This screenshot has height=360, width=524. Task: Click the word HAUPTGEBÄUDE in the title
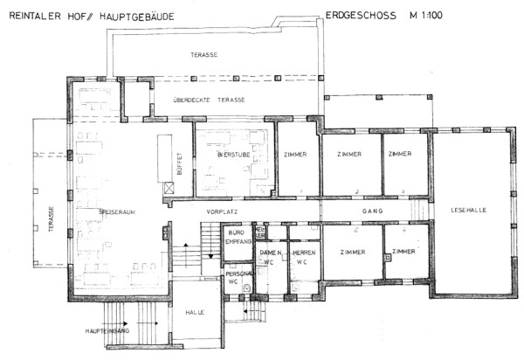pos(127,16)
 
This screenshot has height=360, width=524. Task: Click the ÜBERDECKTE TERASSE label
pos(208,100)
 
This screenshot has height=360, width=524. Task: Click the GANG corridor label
pos(374,212)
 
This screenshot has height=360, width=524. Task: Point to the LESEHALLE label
pos(470,210)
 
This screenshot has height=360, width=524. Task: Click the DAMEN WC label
pos(270,257)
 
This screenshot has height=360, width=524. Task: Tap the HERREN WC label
pos(303,257)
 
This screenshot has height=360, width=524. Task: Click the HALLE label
pos(194,312)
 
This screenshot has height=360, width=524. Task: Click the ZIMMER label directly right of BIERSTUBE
pos(297,155)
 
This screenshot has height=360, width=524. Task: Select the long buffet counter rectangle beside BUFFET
pos(162,156)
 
